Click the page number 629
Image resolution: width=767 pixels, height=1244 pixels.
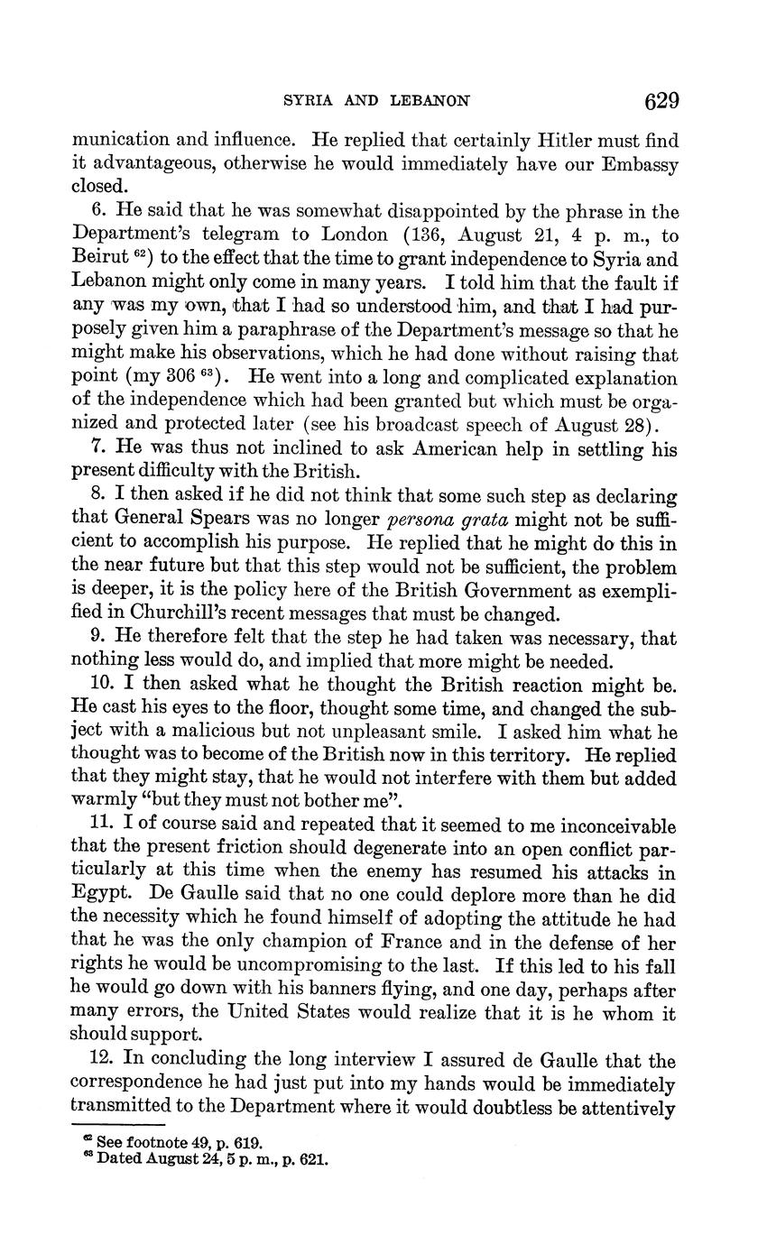click(661, 100)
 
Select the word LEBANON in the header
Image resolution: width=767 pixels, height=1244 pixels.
click(430, 101)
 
